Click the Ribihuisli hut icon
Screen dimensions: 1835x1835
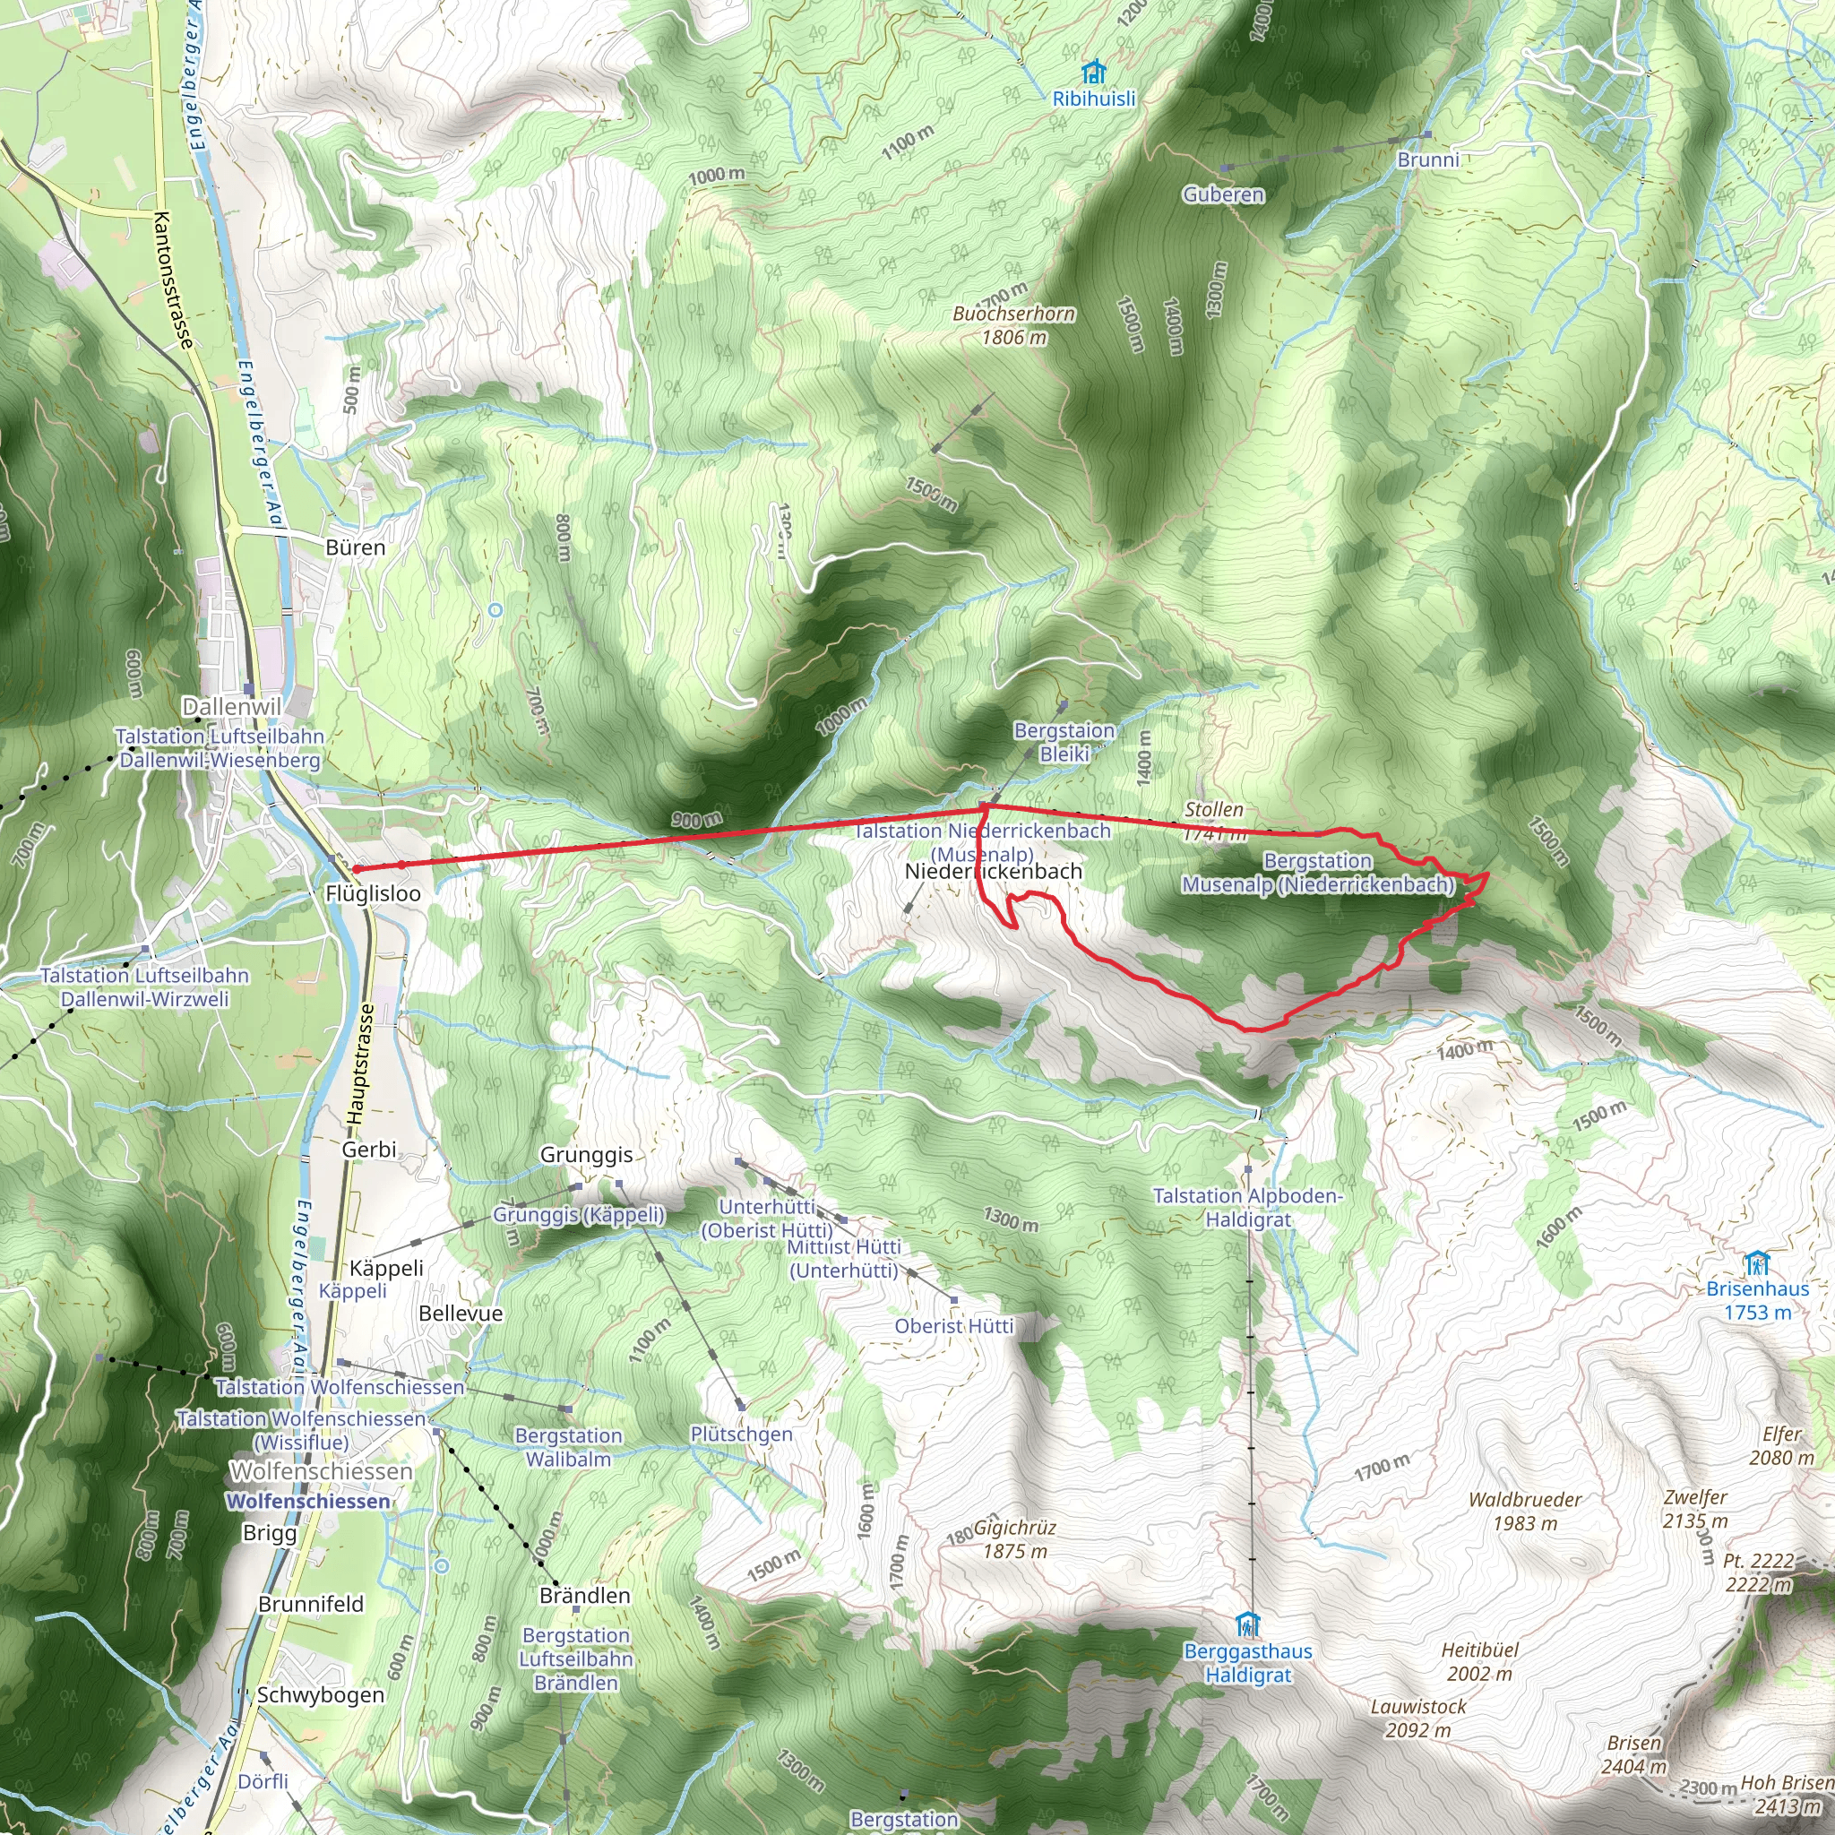point(1093,73)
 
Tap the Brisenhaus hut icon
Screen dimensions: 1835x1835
point(1756,1264)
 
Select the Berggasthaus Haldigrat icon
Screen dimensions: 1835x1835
point(1248,1624)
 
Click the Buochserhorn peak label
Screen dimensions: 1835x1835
point(1013,314)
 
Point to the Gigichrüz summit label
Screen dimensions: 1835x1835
point(1014,1529)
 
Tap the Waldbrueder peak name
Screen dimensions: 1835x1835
point(1524,1500)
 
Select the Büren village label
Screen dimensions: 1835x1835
point(355,548)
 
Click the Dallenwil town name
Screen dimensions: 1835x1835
point(232,707)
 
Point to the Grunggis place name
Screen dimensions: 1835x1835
point(586,1155)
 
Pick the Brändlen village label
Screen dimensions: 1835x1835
point(584,1596)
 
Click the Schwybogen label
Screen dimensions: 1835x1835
point(320,1695)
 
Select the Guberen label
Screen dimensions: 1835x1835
point(1223,194)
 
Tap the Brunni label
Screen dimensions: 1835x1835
point(1427,159)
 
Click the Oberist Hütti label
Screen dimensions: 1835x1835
point(953,1326)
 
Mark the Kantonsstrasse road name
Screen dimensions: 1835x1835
point(173,280)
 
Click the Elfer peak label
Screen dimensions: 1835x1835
point(1781,1434)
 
